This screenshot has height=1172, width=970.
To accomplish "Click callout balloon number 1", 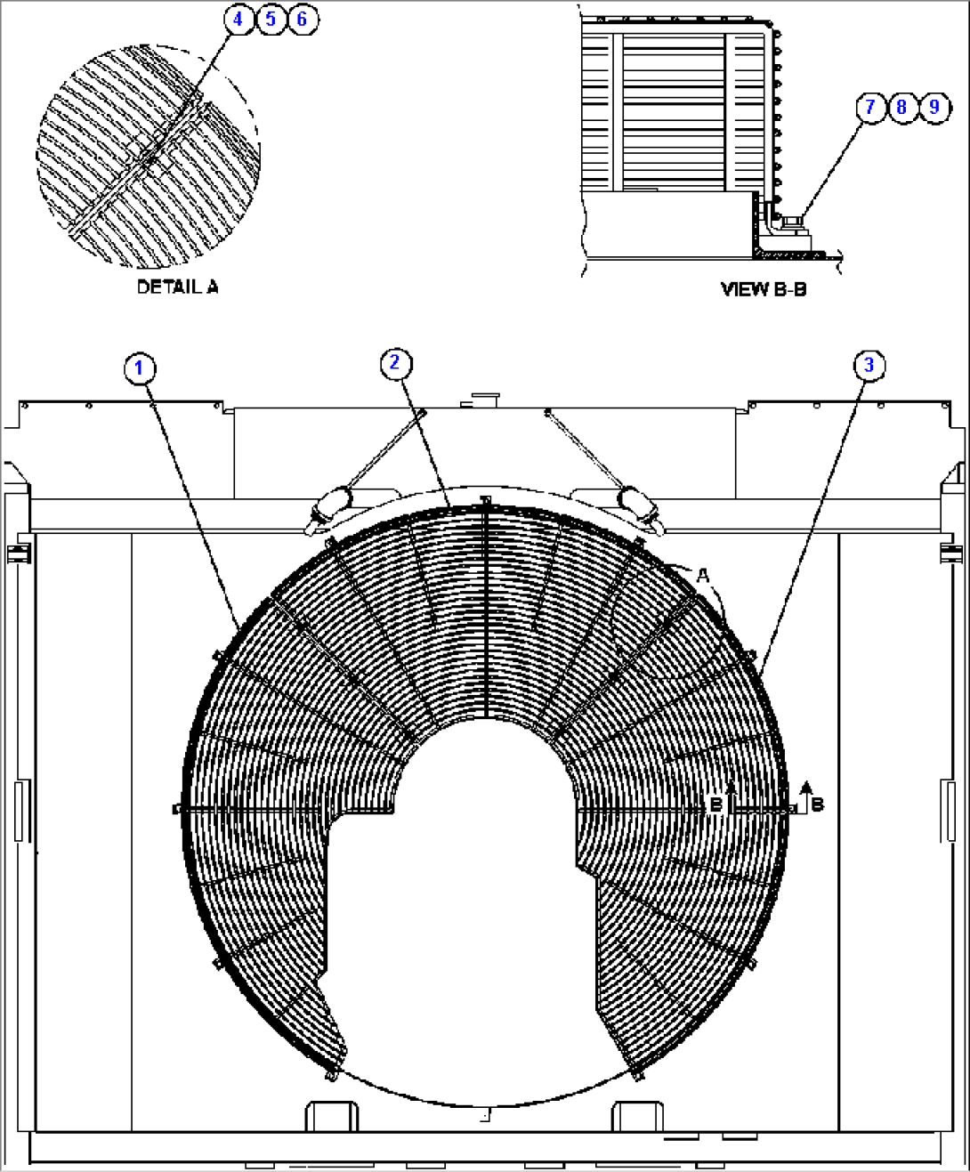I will click(x=140, y=368).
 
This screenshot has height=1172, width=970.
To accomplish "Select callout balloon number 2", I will click(x=395, y=362).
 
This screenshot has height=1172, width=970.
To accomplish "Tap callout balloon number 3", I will click(x=869, y=365).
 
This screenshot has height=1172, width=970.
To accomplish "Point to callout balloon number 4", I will click(x=238, y=19).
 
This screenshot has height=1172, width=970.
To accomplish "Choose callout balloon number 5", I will click(x=271, y=19).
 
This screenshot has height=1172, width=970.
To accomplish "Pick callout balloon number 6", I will click(x=303, y=19).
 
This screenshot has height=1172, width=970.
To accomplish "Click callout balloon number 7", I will click(x=869, y=108).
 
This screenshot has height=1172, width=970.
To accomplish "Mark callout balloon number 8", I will click(x=901, y=108).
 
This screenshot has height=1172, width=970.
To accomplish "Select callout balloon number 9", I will click(x=934, y=108).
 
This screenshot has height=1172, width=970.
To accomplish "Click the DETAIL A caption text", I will click(x=177, y=287).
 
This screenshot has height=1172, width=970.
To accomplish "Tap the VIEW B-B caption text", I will click(x=763, y=289).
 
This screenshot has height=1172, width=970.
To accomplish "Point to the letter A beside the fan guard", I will click(x=702, y=577).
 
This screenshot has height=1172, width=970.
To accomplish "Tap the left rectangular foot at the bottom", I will click(x=332, y=1116).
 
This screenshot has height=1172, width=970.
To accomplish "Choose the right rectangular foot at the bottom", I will click(x=637, y=1116).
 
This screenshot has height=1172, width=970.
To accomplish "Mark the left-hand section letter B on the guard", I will click(x=716, y=804).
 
